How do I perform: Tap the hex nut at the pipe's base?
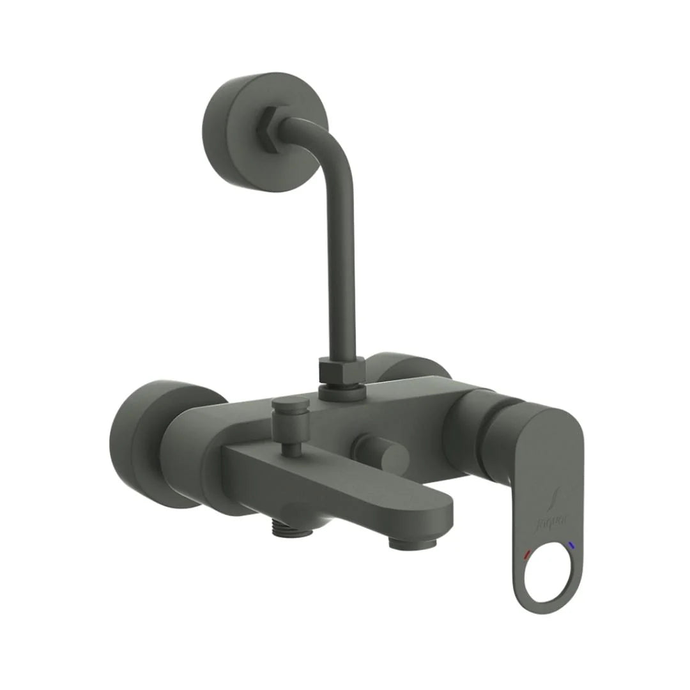tap(341, 371)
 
